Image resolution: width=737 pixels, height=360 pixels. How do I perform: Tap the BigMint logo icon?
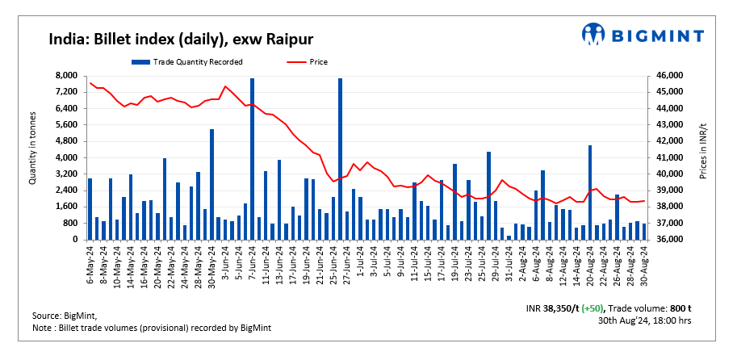pyautogui.click(x=594, y=34)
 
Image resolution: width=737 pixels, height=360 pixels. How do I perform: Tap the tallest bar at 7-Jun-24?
pyautogui.click(x=252, y=158)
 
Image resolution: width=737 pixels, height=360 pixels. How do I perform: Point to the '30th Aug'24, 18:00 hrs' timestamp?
pyautogui.click(x=644, y=320)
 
